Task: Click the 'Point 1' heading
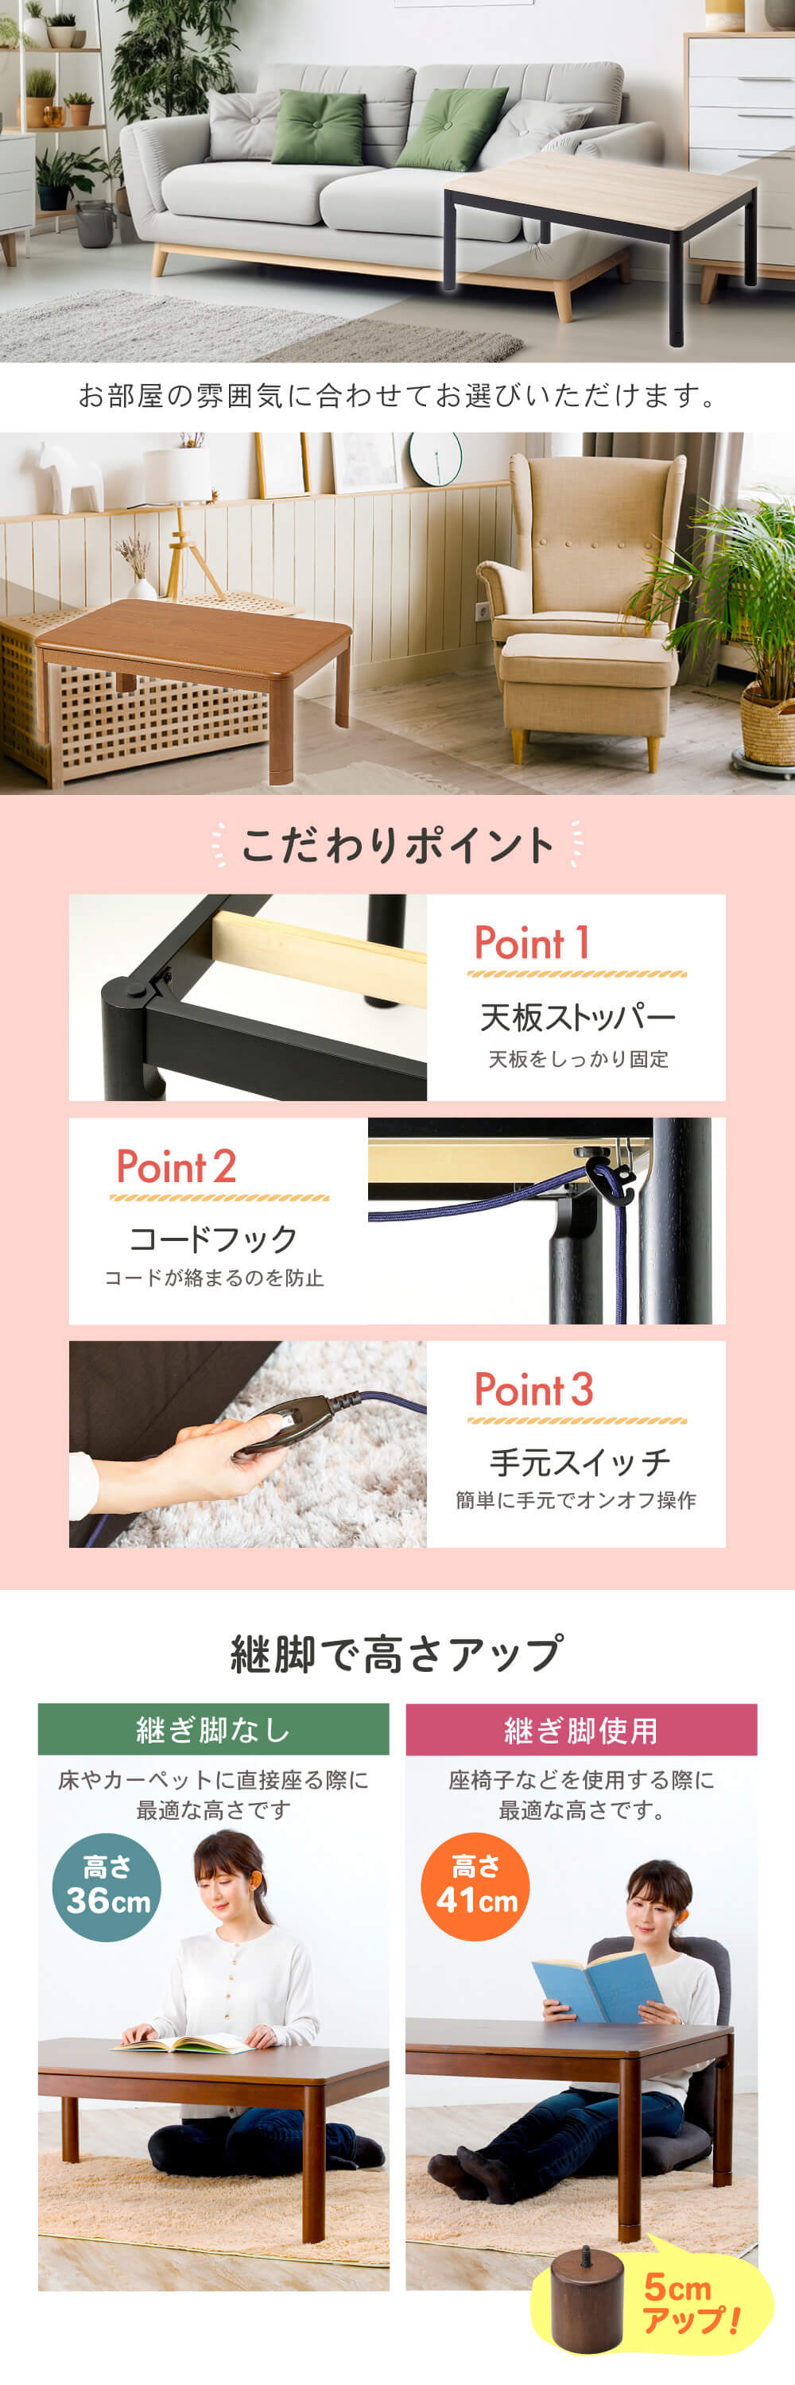[x=532, y=943]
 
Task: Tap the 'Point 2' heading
[x=176, y=1166]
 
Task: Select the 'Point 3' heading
[x=534, y=1390]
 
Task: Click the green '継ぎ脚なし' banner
[x=214, y=1728]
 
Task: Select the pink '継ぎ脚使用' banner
[x=581, y=1728]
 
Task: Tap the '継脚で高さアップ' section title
[x=397, y=1654]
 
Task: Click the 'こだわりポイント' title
[x=397, y=844]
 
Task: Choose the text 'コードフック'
[x=214, y=1239]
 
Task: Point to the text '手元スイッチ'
[x=580, y=1463]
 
